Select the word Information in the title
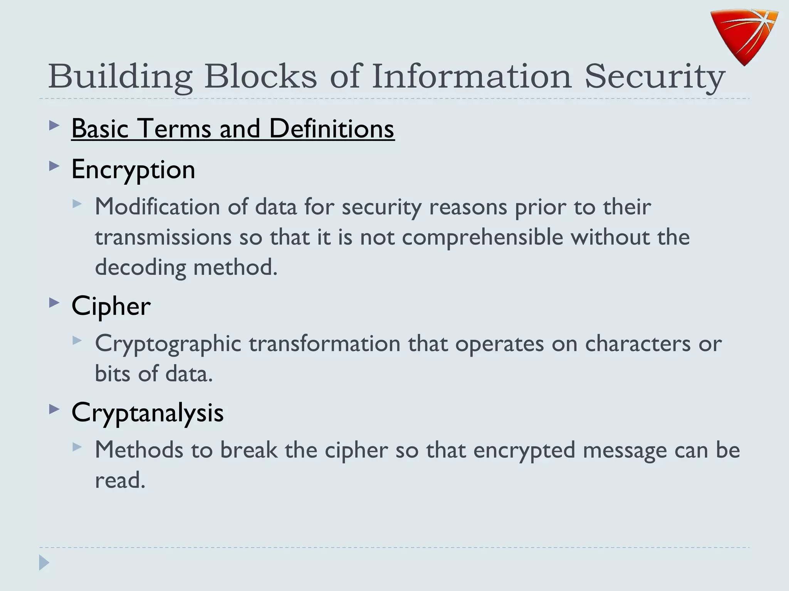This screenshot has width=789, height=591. pos(472,76)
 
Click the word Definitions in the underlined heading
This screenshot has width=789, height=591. pos(331,129)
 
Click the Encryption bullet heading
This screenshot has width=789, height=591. pos(133,170)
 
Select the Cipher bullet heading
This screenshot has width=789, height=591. pos(111,307)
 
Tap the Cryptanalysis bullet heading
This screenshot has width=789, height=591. pos(148,413)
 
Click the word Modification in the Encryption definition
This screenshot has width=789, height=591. pos(158,207)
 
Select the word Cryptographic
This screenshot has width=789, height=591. pos(168,344)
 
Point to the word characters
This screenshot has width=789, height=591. pos(638,344)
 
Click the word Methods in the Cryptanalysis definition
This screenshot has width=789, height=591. pos(139,450)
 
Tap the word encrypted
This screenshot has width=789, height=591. pos(524,451)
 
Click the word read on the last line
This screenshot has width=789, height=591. pos(120,480)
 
